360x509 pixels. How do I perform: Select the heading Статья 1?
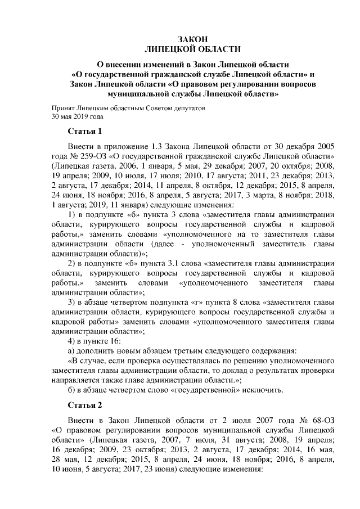tap(84, 132)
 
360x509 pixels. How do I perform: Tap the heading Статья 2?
tap(84, 404)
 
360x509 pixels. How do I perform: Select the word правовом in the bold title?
tap(205, 84)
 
